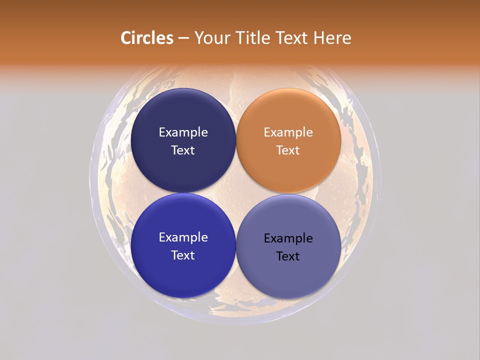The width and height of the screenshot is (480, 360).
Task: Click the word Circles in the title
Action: pos(147,38)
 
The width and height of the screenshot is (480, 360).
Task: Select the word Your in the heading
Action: pos(210,38)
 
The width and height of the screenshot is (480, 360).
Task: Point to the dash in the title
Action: pos(183,38)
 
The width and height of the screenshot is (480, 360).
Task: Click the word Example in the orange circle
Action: pos(288,132)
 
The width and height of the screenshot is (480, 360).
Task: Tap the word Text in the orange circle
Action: pos(288,150)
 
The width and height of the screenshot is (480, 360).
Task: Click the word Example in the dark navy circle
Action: pos(183,132)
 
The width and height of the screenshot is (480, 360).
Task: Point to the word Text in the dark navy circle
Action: pos(183,150)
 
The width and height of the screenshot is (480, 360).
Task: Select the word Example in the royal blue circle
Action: pos(183,237)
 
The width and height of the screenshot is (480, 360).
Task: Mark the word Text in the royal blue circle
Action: pos(183,255)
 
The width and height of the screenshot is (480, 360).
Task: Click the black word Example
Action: pos(288,238)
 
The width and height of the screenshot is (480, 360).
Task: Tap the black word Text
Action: pos(288,256)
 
